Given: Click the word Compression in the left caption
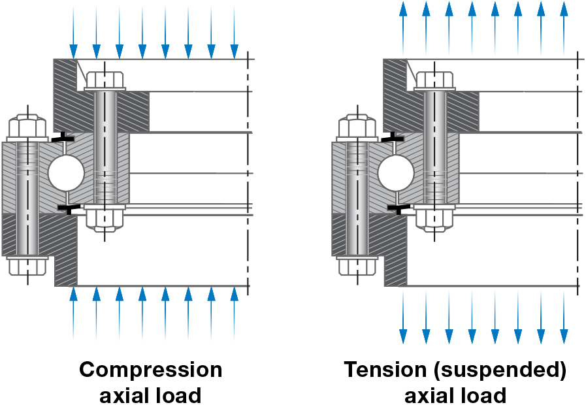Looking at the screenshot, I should pyautogui.click(x=151, y=370).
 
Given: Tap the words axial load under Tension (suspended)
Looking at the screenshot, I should pyautogui.click(x=455, y=395).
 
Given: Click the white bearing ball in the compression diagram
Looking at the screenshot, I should pyautogui.click(x=66, y=173).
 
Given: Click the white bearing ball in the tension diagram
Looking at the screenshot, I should pyautogui.click(x=396, y=173).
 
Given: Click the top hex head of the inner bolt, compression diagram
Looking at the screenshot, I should pyautogui.click(x=105, y=80).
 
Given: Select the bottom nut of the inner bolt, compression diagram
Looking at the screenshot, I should pyautogui.click(x=105, y=219).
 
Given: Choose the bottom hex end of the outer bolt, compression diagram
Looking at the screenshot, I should pyautogui.click(x=27, y=265).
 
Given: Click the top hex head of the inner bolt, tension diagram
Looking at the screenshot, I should pyautogui.click(x=435, y=80).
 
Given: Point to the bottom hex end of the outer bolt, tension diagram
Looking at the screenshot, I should pyautogui.click(x=357, y=265).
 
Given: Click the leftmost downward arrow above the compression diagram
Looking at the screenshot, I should pyautogui.click(x=73, y=29).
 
